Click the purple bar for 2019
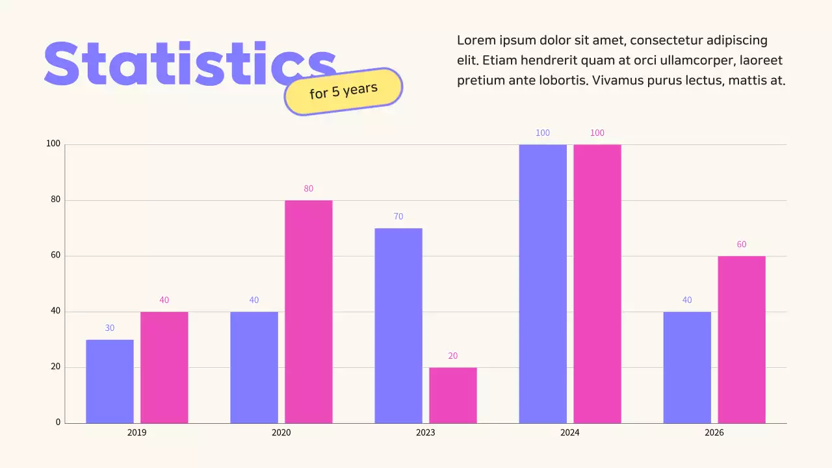110,381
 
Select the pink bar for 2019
164,367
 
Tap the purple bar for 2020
254,367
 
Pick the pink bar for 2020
309,311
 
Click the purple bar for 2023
398,325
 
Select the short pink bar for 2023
453,395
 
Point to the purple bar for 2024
543,283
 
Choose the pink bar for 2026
742,339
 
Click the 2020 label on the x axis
281,432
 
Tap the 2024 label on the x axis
570,432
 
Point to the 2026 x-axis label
714,432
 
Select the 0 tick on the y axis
58,422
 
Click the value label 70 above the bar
398,216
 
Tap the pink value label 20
453,356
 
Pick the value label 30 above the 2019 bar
110,328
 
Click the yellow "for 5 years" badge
343,91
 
